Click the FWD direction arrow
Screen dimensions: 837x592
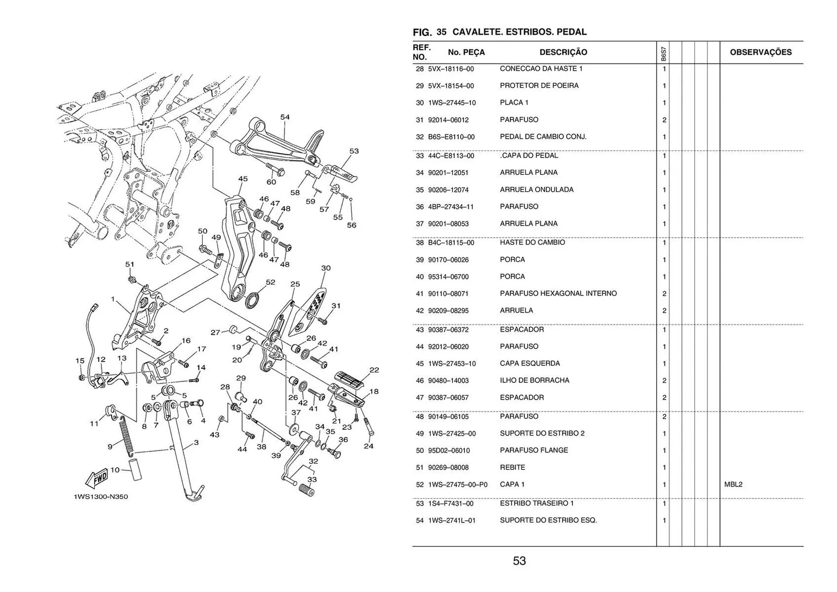point(97,478)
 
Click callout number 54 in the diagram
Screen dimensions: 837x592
point(285,117)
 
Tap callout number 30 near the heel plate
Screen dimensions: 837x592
point(326,268)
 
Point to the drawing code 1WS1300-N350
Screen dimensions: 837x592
point(101,497)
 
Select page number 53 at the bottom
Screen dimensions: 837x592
point(519,561)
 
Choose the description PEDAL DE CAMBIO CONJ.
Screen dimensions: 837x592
point(543,137)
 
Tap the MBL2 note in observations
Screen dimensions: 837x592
point(733,484)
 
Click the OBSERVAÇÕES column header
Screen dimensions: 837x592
point(761,52)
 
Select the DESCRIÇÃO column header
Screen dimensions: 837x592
point(563,52)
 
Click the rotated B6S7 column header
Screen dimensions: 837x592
point(663,54)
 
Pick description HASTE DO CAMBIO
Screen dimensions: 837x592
point(532,242)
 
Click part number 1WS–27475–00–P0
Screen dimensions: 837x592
point(458,484)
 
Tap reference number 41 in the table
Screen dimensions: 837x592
point(420,294)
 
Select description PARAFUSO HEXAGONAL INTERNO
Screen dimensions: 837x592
point(558,293)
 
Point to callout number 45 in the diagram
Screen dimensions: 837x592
point(243,179)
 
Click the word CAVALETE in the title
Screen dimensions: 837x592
point(476,32)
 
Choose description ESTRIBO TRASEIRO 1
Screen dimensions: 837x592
point(537,503)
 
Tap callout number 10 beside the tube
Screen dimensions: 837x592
point(115,470)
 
